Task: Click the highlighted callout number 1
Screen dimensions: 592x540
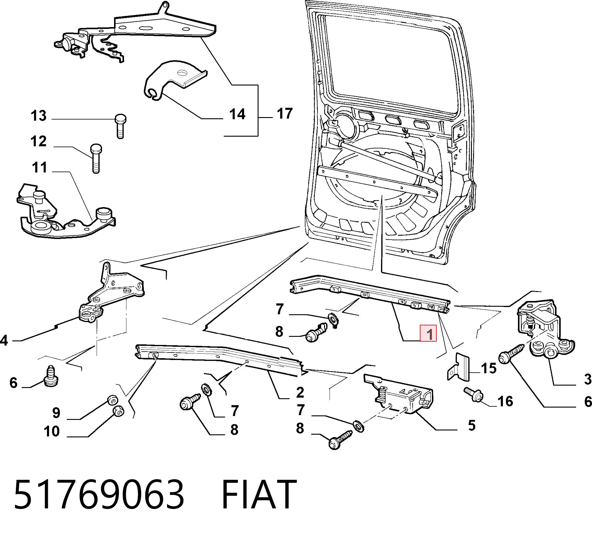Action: pyautogui.click(x=428, y=334)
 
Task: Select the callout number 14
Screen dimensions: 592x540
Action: pyautogui.click(x=237, y=114)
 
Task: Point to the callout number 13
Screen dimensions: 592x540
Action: pyautogui.click(x=39, y=116)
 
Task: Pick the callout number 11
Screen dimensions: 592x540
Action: pyautogui.click(x=39, y=167)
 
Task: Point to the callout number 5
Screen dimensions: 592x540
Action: pyautogui.click(x=472, y=425)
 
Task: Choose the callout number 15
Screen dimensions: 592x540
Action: pyautogui.click(x=488, y=368)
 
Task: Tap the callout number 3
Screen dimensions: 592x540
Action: pyautogui.click(x=588, y=379)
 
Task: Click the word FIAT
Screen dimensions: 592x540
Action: pyautogui.click(x=259, y=494)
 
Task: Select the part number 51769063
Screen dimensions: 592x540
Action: pyautogui.click(x=99, y=494)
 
